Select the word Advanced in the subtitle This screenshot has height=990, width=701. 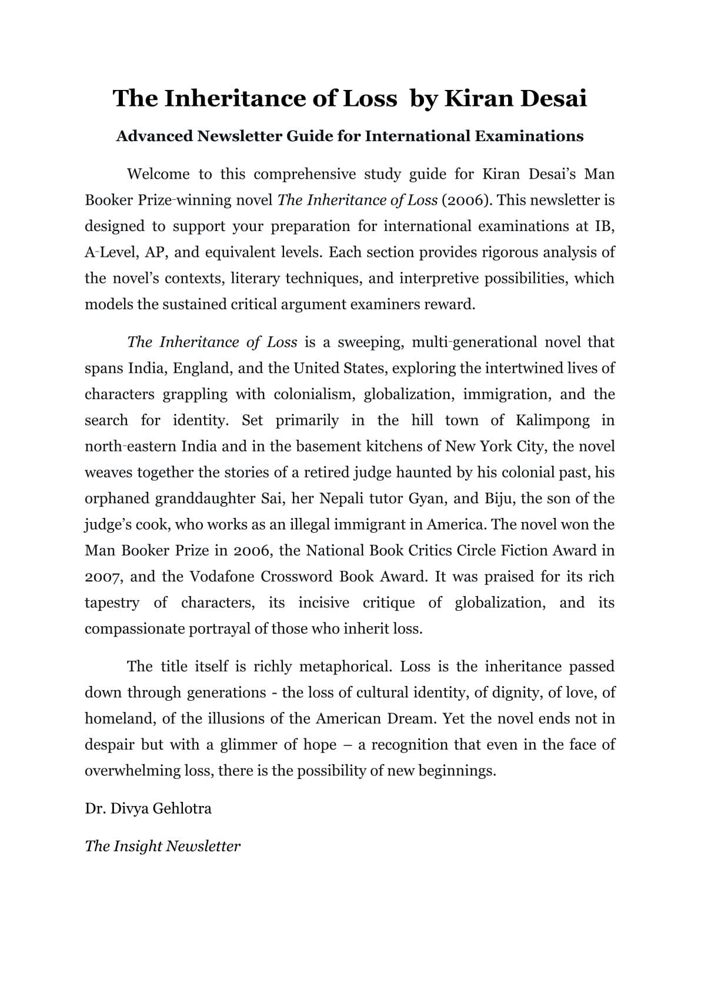point(155,136)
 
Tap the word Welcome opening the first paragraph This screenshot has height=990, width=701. point(158,174)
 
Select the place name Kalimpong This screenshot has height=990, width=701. point(553,420)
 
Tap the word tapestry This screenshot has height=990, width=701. point(112,603)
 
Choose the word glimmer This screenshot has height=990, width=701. point(249,745)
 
